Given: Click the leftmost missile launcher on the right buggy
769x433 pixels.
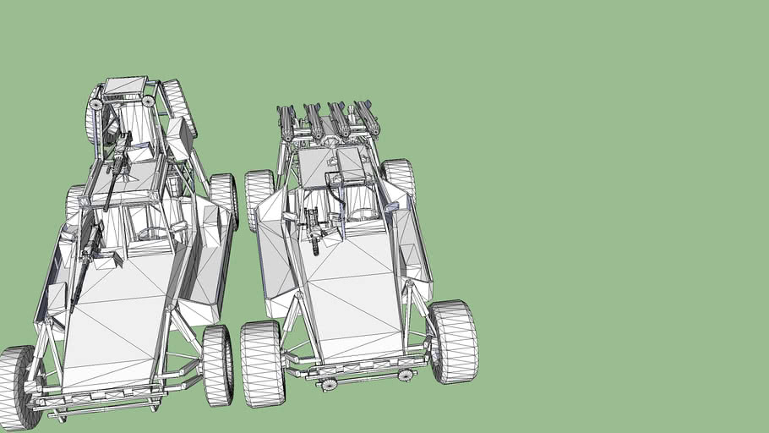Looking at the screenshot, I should pyautogui.click(x=286, y=123).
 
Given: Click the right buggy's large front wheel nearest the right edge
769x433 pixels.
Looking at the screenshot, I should pyautogui.click(x=453, y=341).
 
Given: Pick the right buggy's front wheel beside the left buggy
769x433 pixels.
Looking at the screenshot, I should pyautogui.click(x=262, y=363).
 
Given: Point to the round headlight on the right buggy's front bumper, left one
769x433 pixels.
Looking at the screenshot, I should pyautogui.click(x=329, y=385).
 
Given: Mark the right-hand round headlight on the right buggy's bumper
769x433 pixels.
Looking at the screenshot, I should pyautogui.click(x=406, y=375).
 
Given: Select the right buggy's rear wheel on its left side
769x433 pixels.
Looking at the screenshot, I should pyautogui.click(x=259, y=200).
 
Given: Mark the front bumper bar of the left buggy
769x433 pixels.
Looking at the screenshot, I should pyautogui.click(x=106, y=405).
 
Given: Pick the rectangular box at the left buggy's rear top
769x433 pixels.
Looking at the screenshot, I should pyautogui.click(x=125, y=86).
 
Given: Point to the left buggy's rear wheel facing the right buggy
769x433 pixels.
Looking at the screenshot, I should pyautogui.click(x=224, y=199).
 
